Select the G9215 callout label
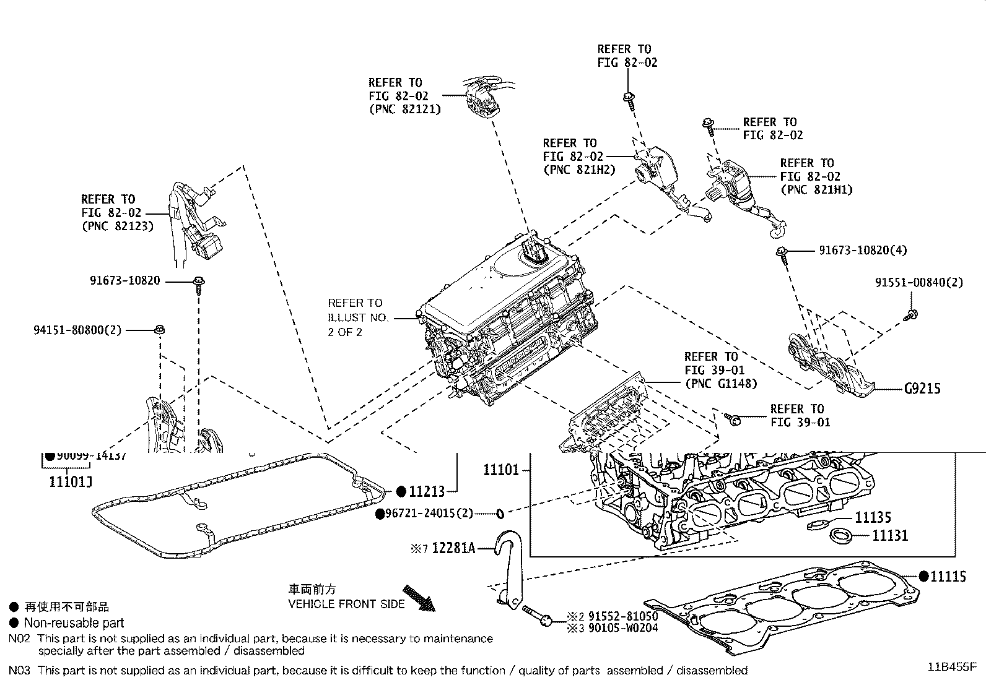(x=922, y=389)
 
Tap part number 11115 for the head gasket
(x=948, y=577)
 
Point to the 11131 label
(x=890, y=535)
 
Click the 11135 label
(x=873, y=517)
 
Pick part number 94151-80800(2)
(x=77, y=330)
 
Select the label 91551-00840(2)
(x=919, y=282)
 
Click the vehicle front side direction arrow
(x=419, y=598)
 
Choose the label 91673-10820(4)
(x=863, y=250)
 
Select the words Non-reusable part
(x=74, y=623)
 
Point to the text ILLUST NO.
(x=357, y=317)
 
